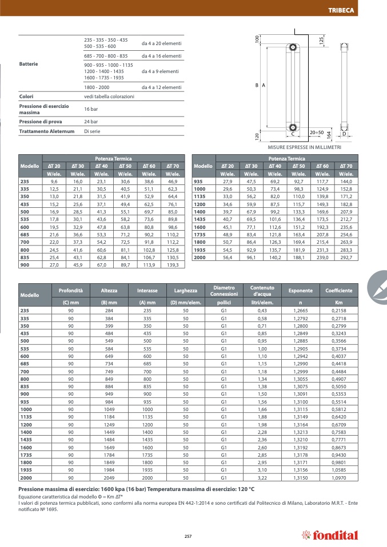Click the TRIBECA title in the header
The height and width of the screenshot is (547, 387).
[x=356, y=10]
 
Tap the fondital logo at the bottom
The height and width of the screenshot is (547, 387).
[x=329, y=535]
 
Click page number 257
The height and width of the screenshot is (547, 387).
[x=187, y=535]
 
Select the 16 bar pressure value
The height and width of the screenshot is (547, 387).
[x=91, y=109]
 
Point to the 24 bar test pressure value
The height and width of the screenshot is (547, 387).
[x=91, y=122]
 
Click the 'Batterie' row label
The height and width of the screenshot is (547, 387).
[x=29, y=63]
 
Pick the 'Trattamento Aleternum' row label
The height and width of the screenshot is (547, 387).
[x=47, y=131]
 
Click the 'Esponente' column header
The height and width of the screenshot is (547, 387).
[x=301, y=291]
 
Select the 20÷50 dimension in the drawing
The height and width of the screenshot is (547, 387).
[x=316, y=132]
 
